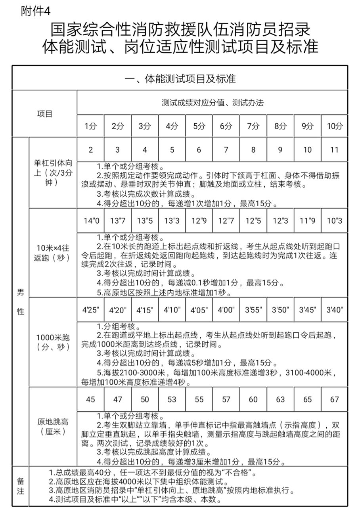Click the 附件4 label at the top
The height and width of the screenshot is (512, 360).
[x=36, y=11]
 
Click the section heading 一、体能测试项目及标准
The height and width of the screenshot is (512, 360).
[x=180, y=79]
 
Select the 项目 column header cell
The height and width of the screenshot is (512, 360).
[x=45, y=114]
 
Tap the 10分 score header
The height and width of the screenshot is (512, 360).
[x=334, y=126]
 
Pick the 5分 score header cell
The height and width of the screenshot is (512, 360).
[x=199, y=126]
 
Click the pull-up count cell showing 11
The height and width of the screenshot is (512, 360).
[x=334, y=150]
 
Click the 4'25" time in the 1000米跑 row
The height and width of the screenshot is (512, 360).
[x=91, y=310]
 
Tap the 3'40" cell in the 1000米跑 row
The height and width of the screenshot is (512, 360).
[x=334, y=310]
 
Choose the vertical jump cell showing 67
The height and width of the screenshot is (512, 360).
[x=334, y=399]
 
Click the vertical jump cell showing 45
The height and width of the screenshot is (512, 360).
[x=91, y=399]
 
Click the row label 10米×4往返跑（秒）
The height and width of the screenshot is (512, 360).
[x=53, y=253]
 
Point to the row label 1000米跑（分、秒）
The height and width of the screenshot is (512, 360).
[x=53, y=342]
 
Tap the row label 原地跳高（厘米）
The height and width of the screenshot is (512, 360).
[x=53, y=426]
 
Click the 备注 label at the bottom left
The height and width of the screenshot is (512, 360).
[x=21, y=486]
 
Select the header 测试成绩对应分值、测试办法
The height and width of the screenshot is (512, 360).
[x=213, y=103]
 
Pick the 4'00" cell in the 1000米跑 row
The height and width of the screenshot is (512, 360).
[x=226, y=310]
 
